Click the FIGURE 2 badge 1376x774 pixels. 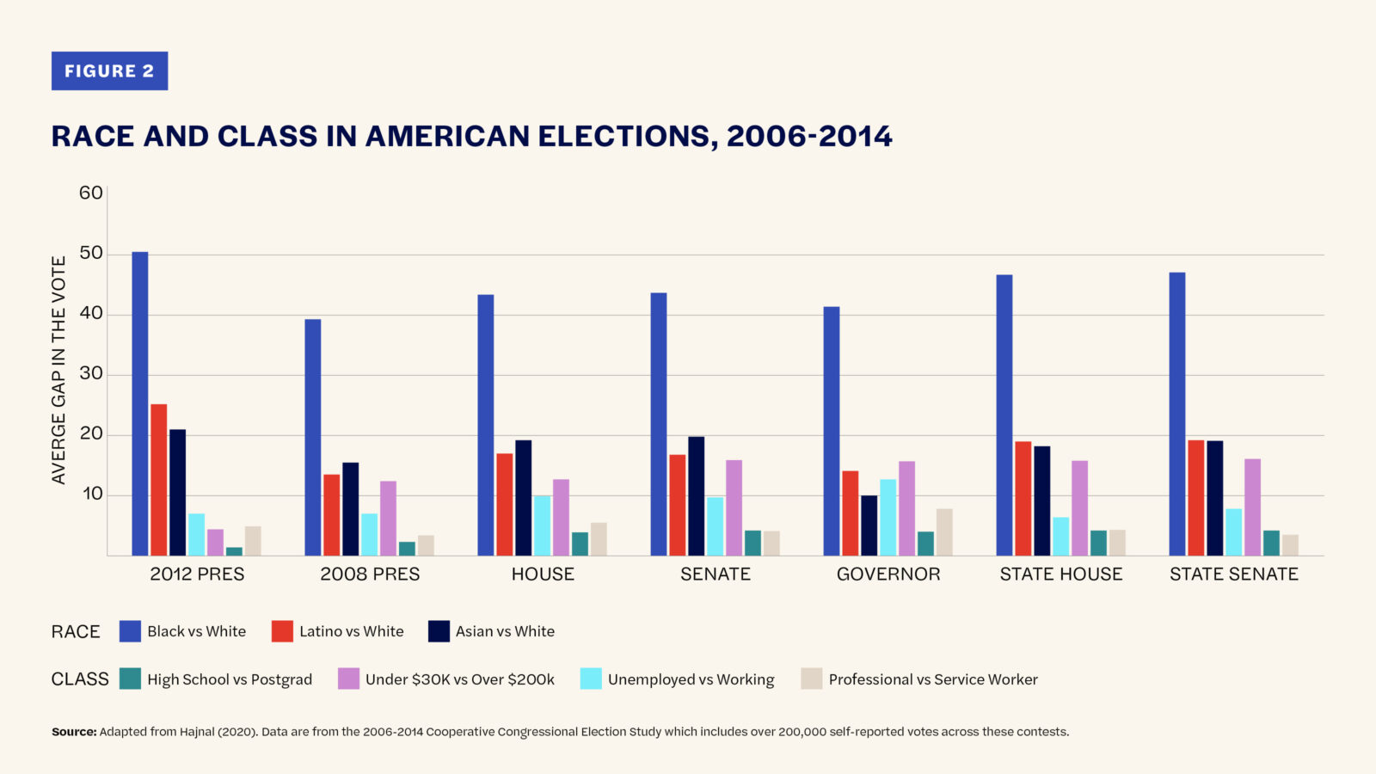[x=109, y=71]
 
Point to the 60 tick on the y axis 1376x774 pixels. [x=90, y=193]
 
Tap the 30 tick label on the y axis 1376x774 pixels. [x=90, y=374]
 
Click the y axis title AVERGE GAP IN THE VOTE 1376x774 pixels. [x=58, y=370]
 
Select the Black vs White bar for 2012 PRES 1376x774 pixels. [x=139, y=404]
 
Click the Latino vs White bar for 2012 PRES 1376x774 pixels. [x=159, y=480]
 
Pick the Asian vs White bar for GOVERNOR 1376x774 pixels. [x=869, y=525]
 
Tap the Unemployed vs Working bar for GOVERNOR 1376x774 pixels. [x=888, y=518]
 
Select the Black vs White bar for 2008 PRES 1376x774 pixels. [x=312, y=438]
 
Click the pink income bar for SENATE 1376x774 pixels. [x=734, y=508]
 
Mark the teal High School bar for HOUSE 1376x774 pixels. [x=580, y=544]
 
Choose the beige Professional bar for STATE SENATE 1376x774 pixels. [x=1290, y=545]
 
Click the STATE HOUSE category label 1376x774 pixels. [x=1060, y=574]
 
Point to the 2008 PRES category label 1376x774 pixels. [x=370, y=574]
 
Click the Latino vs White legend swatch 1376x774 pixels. [x=282, y=631]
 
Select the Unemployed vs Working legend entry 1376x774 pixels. [x=691, y=679]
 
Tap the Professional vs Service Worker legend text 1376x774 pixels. [x=933, y=679]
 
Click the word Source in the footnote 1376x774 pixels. [x=73, y=732]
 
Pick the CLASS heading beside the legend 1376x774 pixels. [x=80, y=679]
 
